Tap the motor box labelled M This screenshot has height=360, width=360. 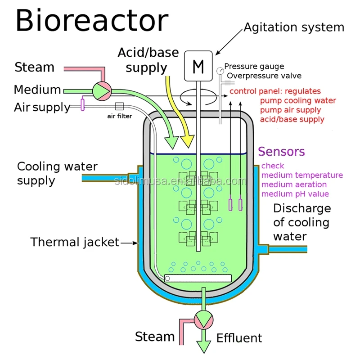pos(198,67)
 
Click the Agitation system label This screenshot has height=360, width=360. pos(294,27)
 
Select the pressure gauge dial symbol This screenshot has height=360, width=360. pos(220,70)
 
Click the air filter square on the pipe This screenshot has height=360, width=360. pos(119,107)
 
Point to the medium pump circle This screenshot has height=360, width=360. pos(102,90)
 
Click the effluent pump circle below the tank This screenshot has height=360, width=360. pos(204,321)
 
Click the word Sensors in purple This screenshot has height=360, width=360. pos(282,152)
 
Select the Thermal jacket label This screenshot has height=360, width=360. pos(75,242)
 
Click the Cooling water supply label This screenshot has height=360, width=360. pos(57,173)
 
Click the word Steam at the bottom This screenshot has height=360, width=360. pos(155,337)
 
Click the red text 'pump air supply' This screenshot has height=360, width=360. pos(290,110)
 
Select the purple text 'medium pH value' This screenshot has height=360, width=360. pos(295,194)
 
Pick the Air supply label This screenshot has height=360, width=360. pos(42,107)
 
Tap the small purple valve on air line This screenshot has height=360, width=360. pos(83,104)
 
